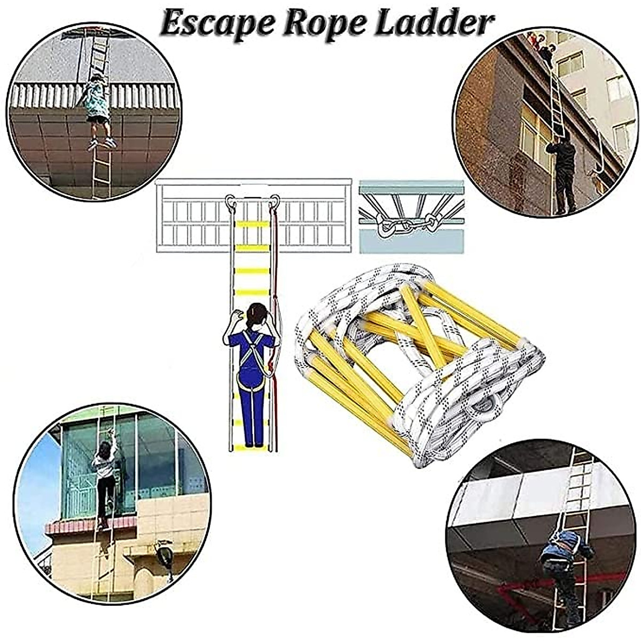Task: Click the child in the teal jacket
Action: pos(97,101)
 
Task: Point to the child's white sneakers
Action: pos(101,143)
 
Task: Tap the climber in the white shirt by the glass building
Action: pos(106,470)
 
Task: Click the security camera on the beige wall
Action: pos(163,553)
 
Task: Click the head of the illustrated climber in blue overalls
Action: pos(256,316)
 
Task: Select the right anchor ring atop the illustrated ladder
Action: pos(275,201)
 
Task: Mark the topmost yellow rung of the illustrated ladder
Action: pos(253,224)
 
